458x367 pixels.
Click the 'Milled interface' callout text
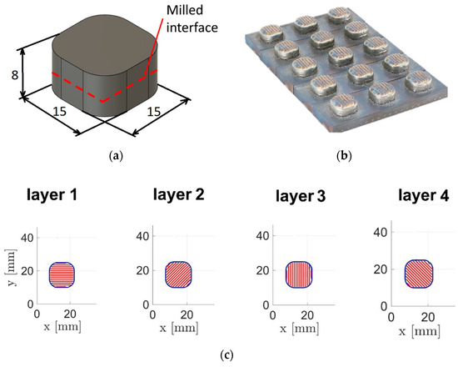192,19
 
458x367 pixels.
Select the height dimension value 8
15,75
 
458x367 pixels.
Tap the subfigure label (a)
116,155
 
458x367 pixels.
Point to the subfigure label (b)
344,155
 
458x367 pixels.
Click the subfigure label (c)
227,355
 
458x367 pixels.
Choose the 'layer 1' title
52,194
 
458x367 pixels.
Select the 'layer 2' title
179,194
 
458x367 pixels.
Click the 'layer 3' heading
301,195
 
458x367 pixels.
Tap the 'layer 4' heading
424,195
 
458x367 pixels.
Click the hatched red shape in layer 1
62,274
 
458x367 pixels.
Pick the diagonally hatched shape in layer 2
178,274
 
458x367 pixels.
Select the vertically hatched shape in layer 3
299,274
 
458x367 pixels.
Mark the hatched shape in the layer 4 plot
419,274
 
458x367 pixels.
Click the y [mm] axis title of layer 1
11,268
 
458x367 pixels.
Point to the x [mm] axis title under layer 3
300,329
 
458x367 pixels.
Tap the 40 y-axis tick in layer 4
381,233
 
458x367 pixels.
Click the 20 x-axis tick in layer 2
187,315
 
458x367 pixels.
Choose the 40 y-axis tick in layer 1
27,238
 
